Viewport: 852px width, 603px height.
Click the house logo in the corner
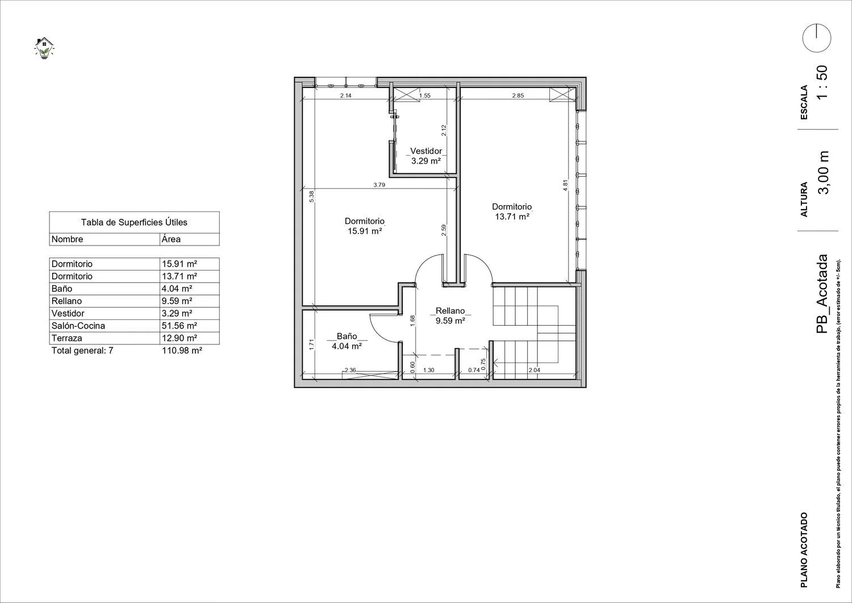(44, 48)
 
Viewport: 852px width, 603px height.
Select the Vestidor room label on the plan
(426, 151)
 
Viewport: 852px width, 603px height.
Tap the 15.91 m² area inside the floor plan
(365, 231)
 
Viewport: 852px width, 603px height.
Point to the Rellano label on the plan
(450, 311)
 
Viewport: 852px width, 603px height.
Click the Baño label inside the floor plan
(347, 336)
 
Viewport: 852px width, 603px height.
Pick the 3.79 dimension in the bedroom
(379, 185)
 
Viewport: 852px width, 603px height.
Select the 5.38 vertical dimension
(311, 196)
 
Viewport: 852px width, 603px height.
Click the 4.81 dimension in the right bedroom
(565, 185)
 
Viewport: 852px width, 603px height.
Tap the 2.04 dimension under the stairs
(534, 369)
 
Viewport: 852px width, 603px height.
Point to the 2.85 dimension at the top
(518, 95)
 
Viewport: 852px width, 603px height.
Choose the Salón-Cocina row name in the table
(78, 326)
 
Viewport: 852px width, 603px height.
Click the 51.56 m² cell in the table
(179, 326)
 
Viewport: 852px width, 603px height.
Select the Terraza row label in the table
(67, 338)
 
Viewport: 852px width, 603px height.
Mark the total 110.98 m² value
(182, 351)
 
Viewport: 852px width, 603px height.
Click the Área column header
(171, 239)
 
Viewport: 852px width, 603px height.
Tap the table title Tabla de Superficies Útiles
(134, 222)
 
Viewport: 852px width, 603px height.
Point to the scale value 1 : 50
(822, 82)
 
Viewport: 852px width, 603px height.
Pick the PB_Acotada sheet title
(822, 294)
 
